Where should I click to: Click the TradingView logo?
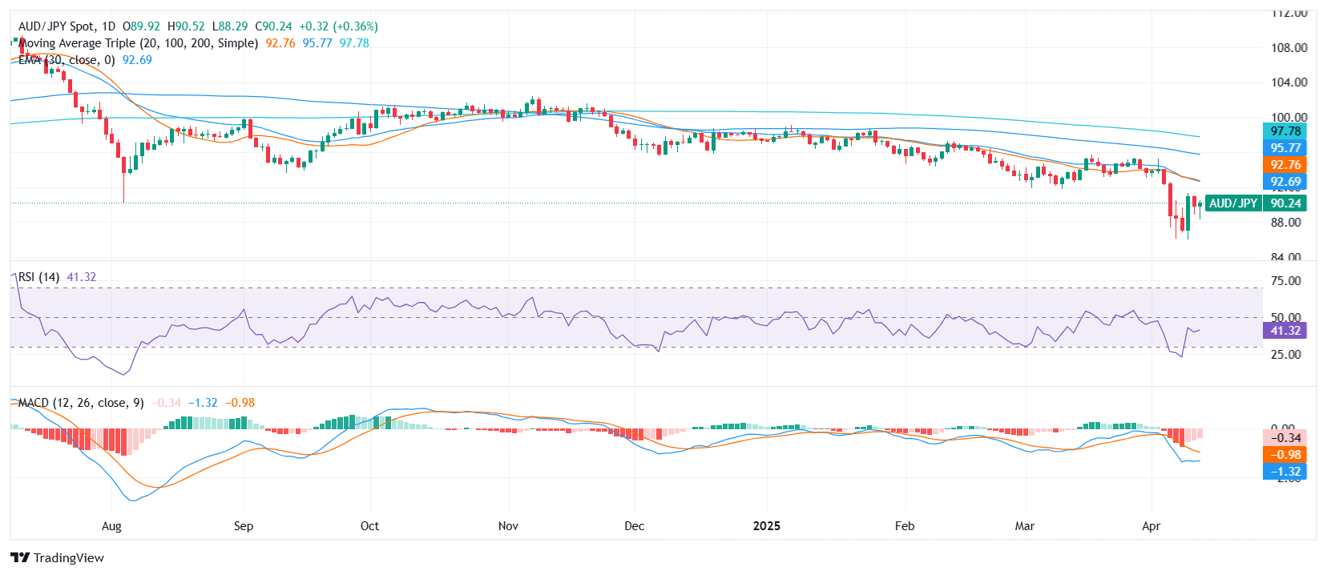pos(57,557)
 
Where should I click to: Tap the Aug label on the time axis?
pos(111,526)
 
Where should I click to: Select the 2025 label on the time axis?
pos(767,526)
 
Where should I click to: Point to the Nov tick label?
pos(508,526)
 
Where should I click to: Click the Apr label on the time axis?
pos(1151,526)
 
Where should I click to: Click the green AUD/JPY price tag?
pos(1232,203)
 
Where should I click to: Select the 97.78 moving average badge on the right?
pos(1285,131)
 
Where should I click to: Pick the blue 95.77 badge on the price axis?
pos(1285,148)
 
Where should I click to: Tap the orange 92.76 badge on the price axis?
pos(1285,165)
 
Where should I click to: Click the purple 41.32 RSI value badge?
pos(1285,331)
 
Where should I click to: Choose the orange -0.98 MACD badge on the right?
pos(1285,455)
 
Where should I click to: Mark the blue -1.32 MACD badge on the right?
pos(1285,472)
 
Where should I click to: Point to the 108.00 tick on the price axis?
pos(1289,48)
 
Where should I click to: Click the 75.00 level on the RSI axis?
pos(1285,281)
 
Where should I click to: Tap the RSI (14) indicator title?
pos(38,277)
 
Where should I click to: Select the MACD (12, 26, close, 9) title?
pos(81,403)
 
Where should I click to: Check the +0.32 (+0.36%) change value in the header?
pos(338,26)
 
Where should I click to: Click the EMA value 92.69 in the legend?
pos(137,60)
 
